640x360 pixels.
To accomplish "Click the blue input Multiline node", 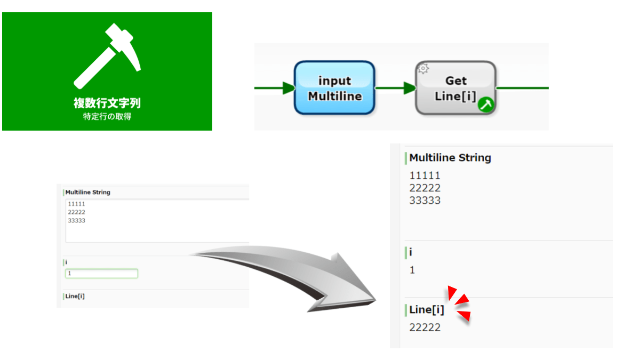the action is click(x=334, y=88).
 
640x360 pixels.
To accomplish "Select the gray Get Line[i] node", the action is click(x=455, y=88).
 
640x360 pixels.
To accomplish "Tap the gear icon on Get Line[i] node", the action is click(x=423, y=68).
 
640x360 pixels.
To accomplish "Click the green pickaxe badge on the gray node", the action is click(x=486, y=105).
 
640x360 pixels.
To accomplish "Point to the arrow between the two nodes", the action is click(x=395, y=88).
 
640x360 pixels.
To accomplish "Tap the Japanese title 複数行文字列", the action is click(x=107, y=103).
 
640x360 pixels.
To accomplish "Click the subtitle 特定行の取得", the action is click(x=107, y=117).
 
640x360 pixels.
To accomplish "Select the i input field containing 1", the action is click(x=101, y=274).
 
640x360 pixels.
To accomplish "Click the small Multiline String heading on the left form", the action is click(x=88, y=192).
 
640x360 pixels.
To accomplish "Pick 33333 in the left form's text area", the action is click(x=77, y=220).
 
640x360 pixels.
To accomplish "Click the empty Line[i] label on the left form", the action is click(x=75, y=297).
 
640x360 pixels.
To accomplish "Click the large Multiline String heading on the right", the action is click(x=450, y=158).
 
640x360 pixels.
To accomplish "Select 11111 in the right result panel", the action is click(x=425, y=175).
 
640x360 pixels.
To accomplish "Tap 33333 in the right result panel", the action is click(x=425, y=201).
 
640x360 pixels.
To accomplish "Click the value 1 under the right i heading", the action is click(x=412, y=270).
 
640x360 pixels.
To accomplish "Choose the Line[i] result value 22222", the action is click(x=425, y=327).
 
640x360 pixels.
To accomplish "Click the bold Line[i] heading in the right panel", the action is click(x=427, y=310).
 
